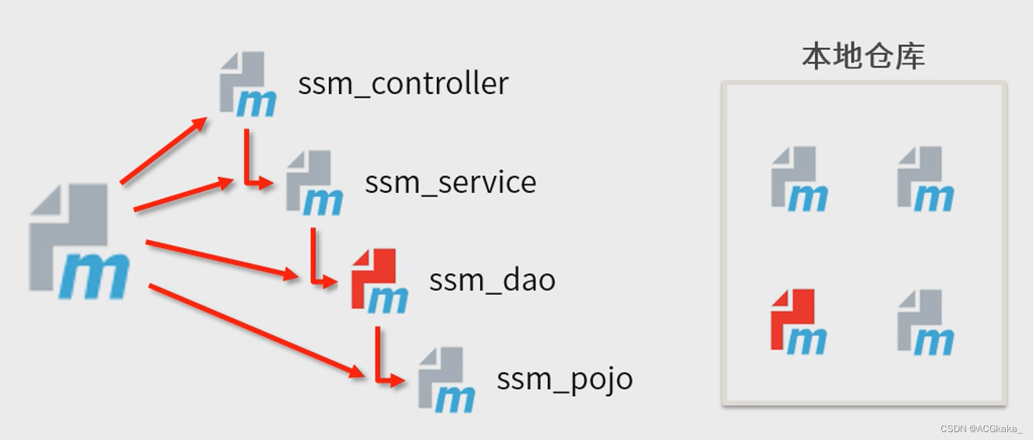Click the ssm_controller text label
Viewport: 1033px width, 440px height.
[403, 84]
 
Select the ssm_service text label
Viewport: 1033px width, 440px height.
[451, 182]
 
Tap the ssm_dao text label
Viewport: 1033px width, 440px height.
[492, 279]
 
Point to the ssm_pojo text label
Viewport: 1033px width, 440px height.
[564, 378]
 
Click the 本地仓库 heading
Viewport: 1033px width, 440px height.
[863, 56]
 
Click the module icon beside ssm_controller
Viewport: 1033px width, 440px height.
[247, 84]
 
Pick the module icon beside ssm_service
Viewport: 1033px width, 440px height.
[314, 183]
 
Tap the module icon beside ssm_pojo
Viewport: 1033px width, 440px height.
[446, 379]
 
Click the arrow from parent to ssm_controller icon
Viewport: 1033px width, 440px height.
[163, 150]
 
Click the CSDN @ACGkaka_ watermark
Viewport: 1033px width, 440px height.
[981, 429]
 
